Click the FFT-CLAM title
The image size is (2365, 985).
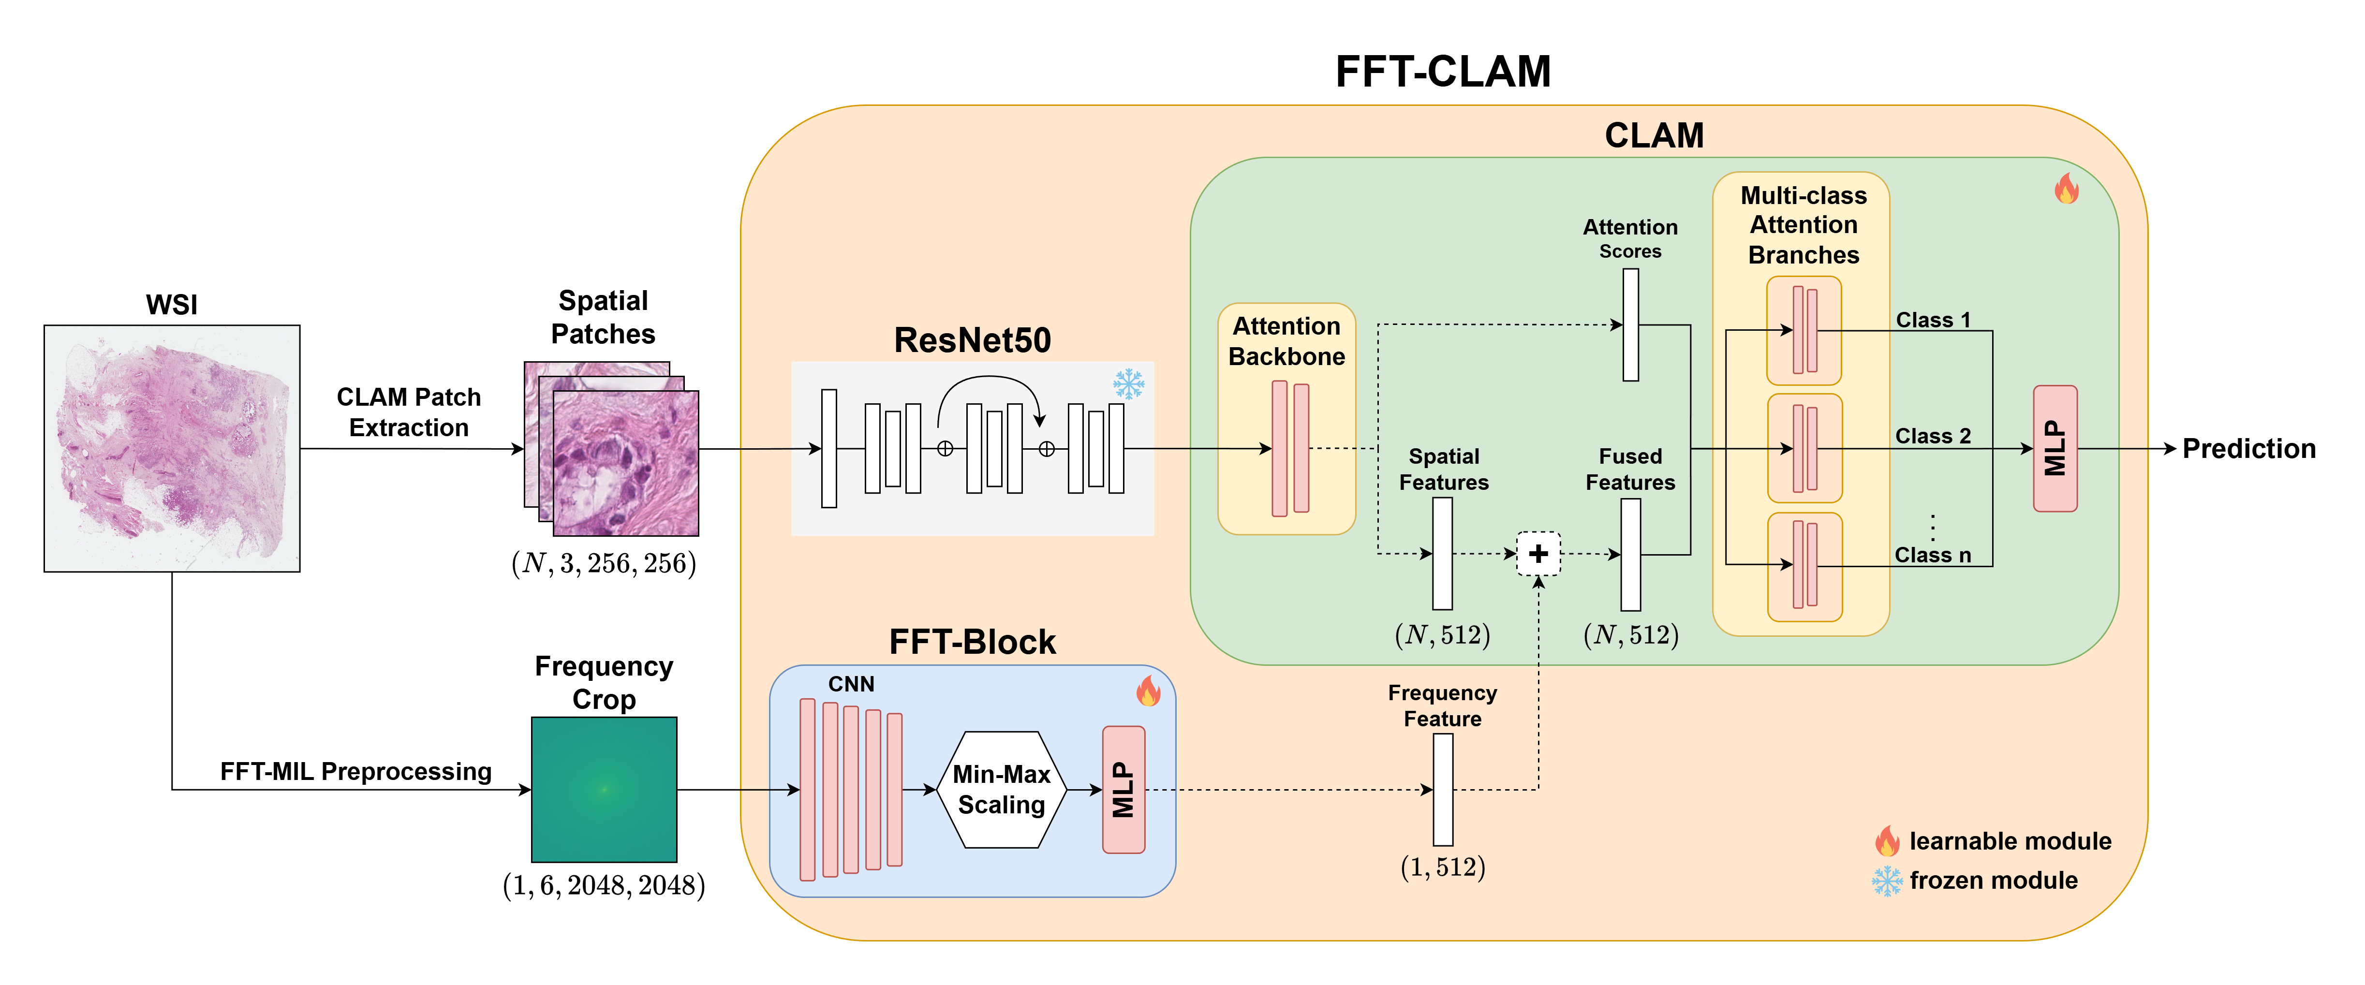click(x=1442, y=72)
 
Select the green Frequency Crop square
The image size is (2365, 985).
click(x=604, y=790)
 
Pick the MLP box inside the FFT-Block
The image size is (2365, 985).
click(x=1123, y=790)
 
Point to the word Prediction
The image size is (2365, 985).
click(x=2248, y=449)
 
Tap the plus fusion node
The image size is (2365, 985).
click(x=1538, y=554)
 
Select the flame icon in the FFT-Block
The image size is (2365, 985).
click(x=1148, y=691)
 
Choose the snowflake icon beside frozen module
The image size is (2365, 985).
click(x=1887, y=881)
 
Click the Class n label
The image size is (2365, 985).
click(x=1933, y=556)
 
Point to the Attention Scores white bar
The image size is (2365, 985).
click(x=1630, y=325)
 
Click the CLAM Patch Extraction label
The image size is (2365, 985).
click(x=409, y=412)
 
